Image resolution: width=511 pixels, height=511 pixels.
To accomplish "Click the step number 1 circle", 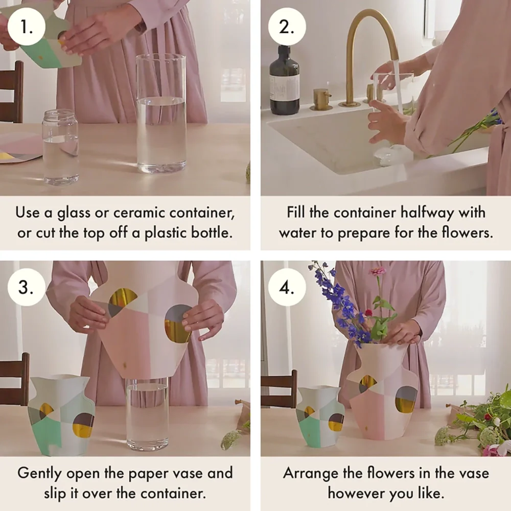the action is click(x=27, y=27).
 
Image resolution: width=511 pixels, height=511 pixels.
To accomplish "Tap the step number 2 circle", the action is click(x=287, y=27).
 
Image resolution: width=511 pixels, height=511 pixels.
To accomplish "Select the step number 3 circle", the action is click(x=27, y=287).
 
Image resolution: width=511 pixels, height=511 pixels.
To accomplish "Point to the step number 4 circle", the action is click(x=287, y=287).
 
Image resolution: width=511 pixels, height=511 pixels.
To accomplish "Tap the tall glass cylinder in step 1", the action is click(x=161, y=113).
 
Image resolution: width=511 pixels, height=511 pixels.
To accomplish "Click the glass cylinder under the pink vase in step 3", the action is click(x=148, y=414).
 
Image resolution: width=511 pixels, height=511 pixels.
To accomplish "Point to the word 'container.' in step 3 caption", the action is click(x=176, y=494).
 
